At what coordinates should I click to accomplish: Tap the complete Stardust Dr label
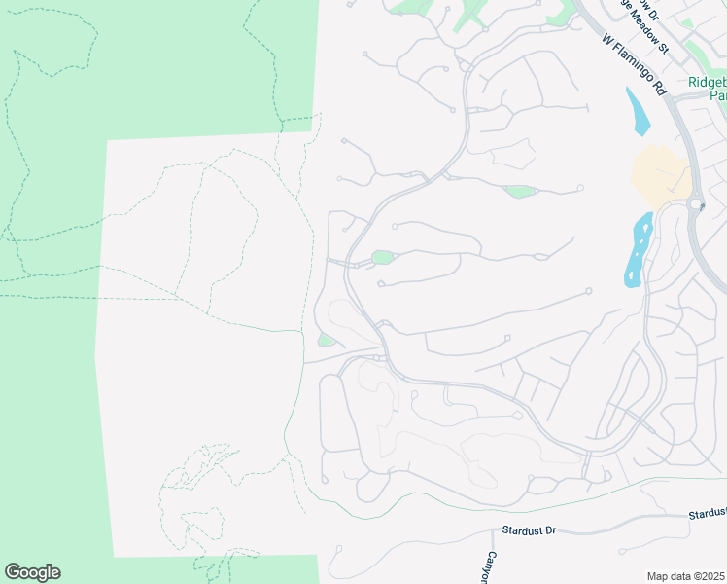coord(530,531)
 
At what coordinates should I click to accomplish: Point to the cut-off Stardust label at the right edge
coord(708,513)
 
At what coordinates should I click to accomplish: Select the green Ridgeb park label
coord(707,89)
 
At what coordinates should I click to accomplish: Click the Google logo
coord(32,572)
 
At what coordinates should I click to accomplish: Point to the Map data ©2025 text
coord(686,576)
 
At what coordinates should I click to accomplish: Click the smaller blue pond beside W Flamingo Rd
coord(639,111)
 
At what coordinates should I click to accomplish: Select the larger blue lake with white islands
coord(639,249)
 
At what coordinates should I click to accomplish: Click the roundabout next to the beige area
coord(696,205)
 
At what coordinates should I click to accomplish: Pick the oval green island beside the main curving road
coord(382,258)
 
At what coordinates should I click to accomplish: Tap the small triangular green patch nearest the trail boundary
coord(326,340)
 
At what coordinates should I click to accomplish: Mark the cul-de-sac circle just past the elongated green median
coord(580,188)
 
